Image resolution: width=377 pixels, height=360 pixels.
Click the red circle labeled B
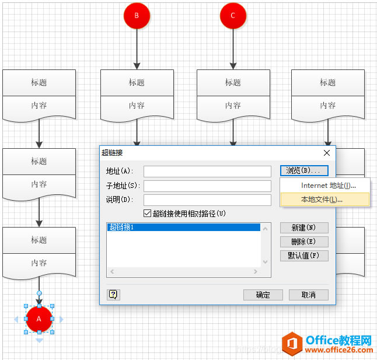coord(137,16)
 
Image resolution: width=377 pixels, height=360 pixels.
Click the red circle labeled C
coord(233,16)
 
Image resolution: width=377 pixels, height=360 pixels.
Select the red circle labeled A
coord(39,319)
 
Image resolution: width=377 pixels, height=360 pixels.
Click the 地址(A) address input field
coord(207,172)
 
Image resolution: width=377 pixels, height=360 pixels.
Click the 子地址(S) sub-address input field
coord(207,186)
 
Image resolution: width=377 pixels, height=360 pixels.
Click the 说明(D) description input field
coord(207,200)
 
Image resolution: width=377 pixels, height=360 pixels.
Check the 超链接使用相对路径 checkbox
coord(148,214)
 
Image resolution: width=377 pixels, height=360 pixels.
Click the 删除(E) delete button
coord(303,242)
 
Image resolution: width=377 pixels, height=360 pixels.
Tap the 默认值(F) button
coord(303,256)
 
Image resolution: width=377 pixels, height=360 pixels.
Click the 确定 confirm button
coord(263,295)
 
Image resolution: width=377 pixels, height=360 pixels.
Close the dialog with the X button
coord(327,153)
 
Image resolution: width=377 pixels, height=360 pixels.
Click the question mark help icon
coord(113,295)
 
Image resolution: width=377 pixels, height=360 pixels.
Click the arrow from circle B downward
coord(137,49)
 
